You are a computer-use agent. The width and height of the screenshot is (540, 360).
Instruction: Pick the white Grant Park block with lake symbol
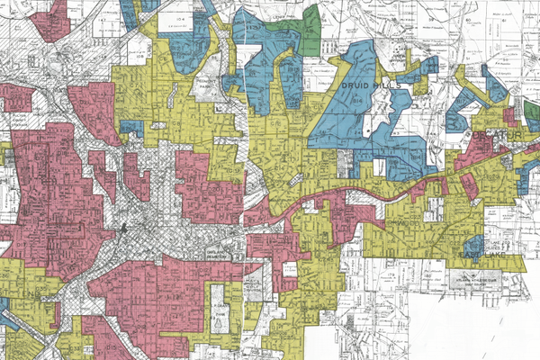220,306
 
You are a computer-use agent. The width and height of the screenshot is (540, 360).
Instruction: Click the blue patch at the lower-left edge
7,315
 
